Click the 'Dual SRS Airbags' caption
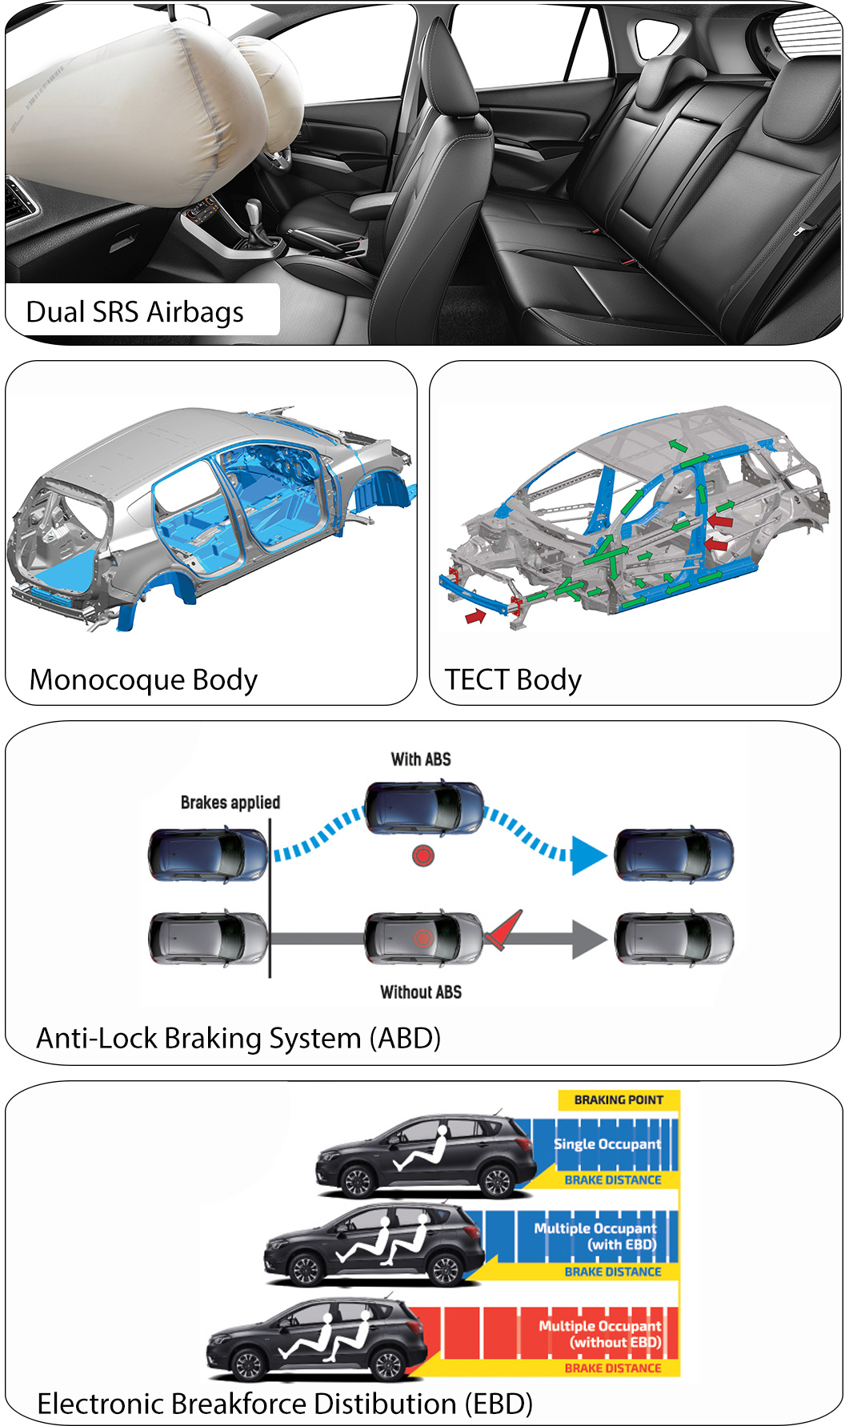pyautogui.click(x=134, y=311)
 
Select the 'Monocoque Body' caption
pyautogui.click(x=143, y=679)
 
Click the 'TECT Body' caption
pyautogui.click(x=513, y=679)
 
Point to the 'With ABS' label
pyautogui.click(x=421, y=759)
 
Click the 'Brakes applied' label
pyautogui.click(x=230, y=803)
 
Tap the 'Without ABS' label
pyautogui.click(x=421, y=992)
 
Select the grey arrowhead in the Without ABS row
pyautogui.click(x=590, y=939)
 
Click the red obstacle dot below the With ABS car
pyautogui.click(x=423, y=855)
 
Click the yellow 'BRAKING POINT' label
pyautogui.click(x=619, y=1100)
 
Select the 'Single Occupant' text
pyautogui.click(x=607, y=1144)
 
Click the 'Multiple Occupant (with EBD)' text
pyautogui.click(x=595, y=1236)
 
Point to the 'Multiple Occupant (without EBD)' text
pyautogui.click(x=600, y=1334)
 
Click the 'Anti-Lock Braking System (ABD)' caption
pyautogui.click(x=238, y=1038)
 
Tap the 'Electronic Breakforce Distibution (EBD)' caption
pyautogui.click(x=285, y=1404)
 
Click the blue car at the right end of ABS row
pyautogui.click(x=674, y=855)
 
